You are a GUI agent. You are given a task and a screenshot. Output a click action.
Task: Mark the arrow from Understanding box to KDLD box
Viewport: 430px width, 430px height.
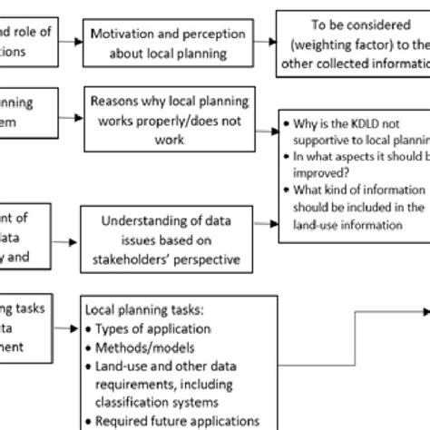[x=267, y=221]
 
